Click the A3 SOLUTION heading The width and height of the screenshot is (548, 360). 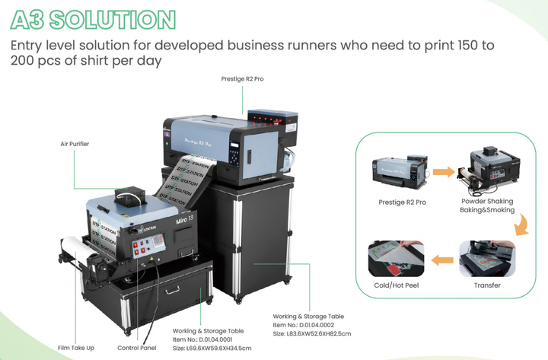[x=93, y=20]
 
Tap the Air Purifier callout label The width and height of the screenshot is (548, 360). [x=75, y=144]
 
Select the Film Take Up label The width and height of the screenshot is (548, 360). [x=76, y=348]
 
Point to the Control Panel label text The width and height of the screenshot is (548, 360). [x=137, y=348]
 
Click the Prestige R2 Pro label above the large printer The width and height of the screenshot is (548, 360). [x=242, y=79]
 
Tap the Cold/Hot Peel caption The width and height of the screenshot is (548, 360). [x=397, y=285]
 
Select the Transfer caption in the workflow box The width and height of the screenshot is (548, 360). [x=487, y=285]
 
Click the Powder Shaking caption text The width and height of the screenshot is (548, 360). [x=487, y=202]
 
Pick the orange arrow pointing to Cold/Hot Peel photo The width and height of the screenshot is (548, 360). [x=442, y=260]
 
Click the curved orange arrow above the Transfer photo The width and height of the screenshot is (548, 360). [x=522, y=225]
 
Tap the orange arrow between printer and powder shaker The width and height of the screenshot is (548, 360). [x=444, y=172]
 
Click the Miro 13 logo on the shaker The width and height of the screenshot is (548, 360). [x=184, y=220]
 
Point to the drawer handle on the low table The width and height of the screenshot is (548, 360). [x=172, y=290]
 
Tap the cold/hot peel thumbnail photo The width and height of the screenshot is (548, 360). [x=396, y=259]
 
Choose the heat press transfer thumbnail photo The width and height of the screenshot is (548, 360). [x=487, y=259]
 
